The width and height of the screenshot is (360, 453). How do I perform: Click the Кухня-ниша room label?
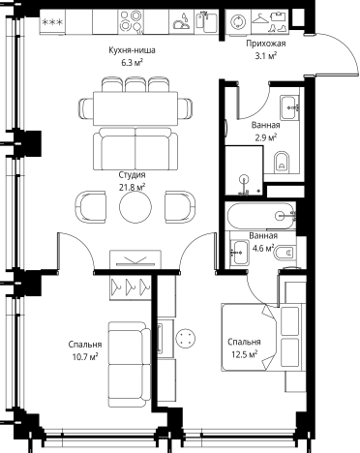[x=132, y=50]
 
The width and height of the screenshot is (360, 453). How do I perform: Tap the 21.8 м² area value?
[x=132, y=187]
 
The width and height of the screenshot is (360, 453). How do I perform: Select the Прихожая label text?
[x=266, y=44]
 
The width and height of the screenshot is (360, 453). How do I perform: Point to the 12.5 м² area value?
[x=244, y=354]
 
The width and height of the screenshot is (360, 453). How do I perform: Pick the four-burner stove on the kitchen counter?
[x=130, y=20]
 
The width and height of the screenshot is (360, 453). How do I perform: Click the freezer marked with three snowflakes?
[x=52, y=22]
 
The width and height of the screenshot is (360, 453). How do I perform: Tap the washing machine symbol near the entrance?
[x=237, y=21]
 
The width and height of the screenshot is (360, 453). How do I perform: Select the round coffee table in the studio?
[x=135, y=206]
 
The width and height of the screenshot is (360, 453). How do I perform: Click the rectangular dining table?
[x=135, y=108]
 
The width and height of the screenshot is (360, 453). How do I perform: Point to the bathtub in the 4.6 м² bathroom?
[x=260, y=216]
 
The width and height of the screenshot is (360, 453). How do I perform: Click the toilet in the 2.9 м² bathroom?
[x=282, y=162]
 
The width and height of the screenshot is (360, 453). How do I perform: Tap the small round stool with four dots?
[x=186, y=338]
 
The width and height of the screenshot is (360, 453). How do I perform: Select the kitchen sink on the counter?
[x=207, y=21]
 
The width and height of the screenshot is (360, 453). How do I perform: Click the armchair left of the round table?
[x=91, y=206]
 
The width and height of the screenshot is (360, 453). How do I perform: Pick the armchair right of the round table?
[x=180, y=206]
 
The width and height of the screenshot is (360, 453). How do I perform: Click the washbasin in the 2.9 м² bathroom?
[x=289, y=107]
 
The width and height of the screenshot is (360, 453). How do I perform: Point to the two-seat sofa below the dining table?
[x=135, y=149]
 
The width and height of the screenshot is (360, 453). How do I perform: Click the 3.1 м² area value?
[x=265, y=56]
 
